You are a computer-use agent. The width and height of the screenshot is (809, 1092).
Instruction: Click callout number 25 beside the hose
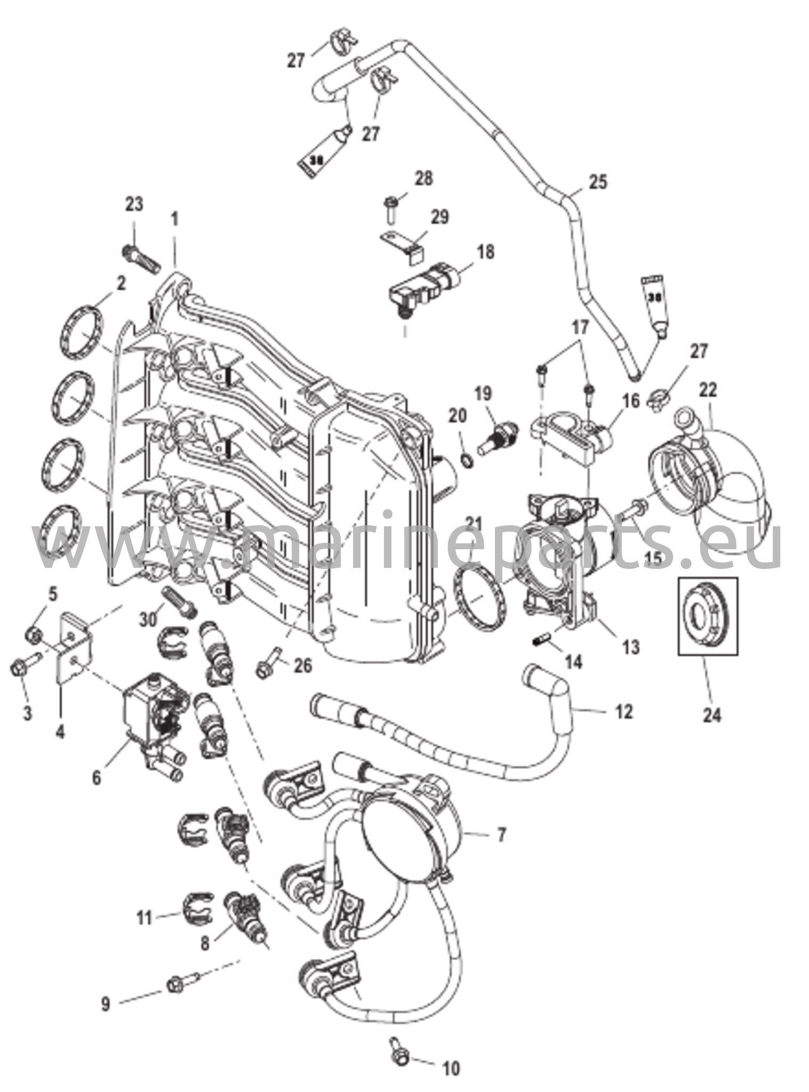[598, 182]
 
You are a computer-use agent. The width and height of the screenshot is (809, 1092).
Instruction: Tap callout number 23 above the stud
[134, 204]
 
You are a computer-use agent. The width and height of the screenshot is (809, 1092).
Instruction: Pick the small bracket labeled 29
[403, 246]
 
